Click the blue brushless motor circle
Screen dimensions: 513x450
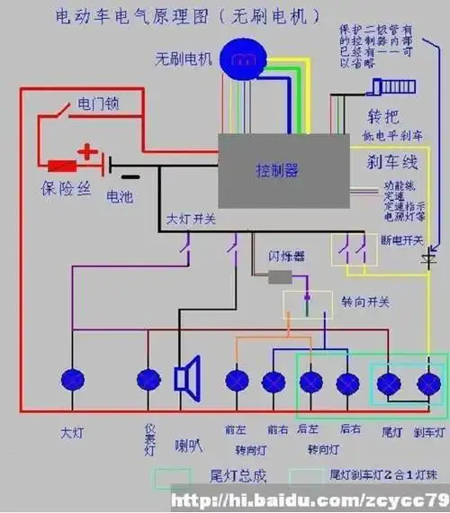coord(240,59)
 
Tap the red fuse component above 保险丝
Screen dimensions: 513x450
coord(62,166)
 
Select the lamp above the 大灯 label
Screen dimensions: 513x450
coord(72,382)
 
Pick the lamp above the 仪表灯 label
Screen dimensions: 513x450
coord(147,382)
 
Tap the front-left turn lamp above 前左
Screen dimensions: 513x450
coord(237,382)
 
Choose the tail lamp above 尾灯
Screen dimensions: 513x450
coord(389,385)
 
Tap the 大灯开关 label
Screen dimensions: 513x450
coord(191,219)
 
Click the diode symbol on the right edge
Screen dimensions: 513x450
coord(430,260)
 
